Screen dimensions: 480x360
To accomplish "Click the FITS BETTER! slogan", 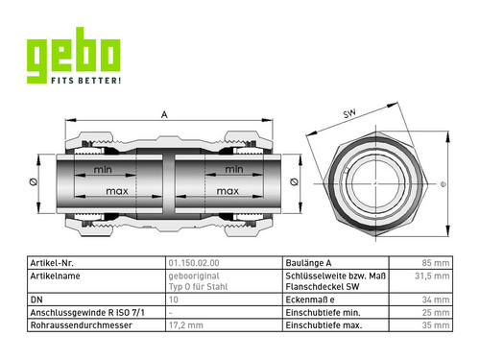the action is [86, 80].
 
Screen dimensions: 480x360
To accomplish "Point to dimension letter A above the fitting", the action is [164, 114].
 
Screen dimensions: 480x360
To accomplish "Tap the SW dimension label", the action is [349, 113].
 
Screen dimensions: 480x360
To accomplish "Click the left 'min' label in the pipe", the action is [103, 169].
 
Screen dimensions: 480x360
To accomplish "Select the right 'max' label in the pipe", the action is [228, 191].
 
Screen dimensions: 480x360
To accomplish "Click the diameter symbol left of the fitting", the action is [33, 182].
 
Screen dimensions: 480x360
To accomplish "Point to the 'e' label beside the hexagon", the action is [444, 184].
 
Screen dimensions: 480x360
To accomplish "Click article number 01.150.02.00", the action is [194, 263].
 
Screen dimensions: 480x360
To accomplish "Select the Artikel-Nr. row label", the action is [52, 263].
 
